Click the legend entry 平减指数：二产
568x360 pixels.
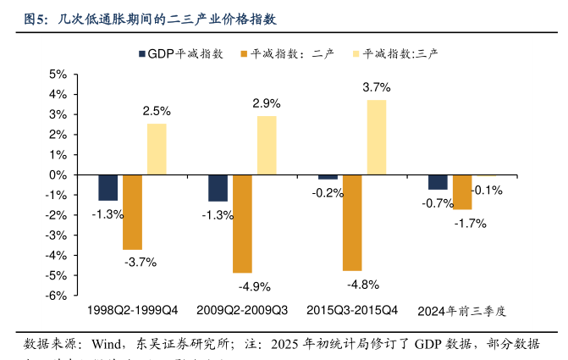[293, 53]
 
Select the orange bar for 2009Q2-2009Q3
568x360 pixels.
[242, 224]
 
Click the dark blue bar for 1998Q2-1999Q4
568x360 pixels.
[108, 187]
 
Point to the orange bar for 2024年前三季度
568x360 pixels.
[462, 192]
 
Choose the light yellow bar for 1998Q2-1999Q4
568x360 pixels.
[157, 149]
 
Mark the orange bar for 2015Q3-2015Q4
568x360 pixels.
[352, 223]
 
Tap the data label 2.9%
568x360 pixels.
[267, 103]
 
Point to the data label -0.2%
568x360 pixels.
[328, 192]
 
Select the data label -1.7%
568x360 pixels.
[471, 224]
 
